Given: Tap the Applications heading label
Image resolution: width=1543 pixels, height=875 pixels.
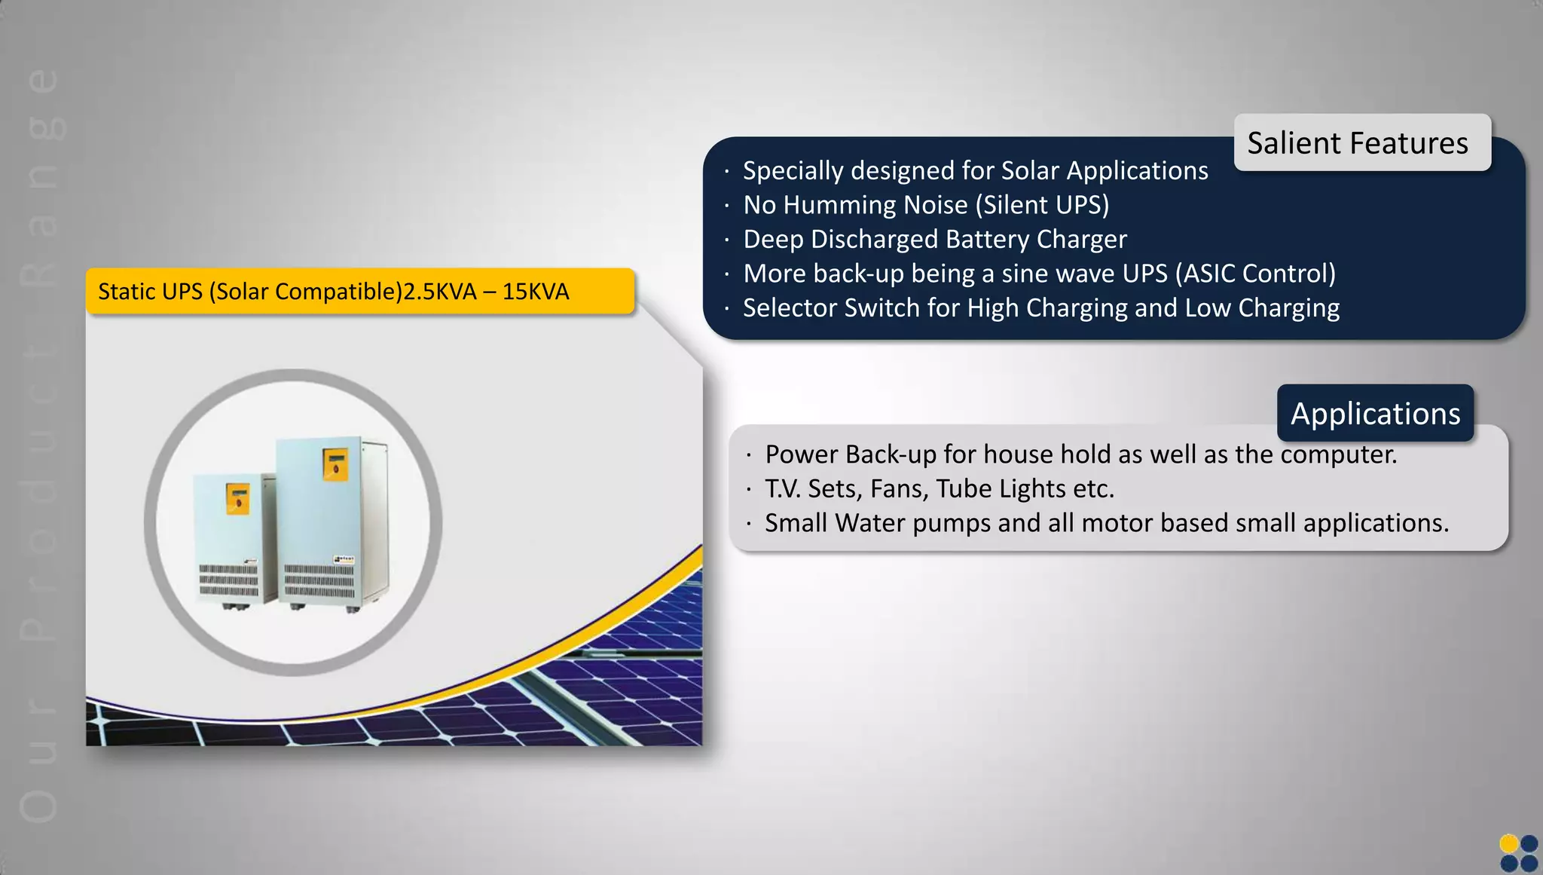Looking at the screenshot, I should (x=1375, y=413).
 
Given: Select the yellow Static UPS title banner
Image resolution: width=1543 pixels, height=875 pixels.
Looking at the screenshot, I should (x=360, y=291).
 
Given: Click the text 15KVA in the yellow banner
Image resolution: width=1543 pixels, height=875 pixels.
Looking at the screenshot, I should (x=536, y=291).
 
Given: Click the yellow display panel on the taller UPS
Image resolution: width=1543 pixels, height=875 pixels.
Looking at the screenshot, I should (x=335, y=464).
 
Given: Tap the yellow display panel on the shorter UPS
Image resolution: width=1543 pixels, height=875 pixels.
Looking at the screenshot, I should (x=237, y=499).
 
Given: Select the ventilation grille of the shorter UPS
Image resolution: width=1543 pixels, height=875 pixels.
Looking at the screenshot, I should (x=228, y=581).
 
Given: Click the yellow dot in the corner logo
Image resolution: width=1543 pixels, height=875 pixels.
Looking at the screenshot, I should (x=1509, y=843).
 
